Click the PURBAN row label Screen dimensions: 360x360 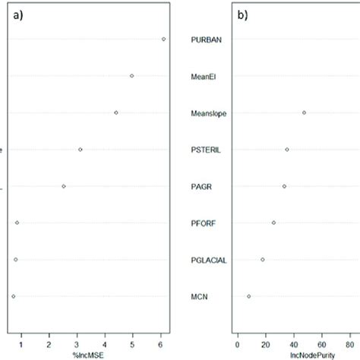click(x=207, y=39)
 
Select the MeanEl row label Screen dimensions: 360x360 click(x=205, y=76)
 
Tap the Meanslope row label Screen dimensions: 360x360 click(x=208, y=113)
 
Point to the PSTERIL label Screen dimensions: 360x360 click(x=207, y=150)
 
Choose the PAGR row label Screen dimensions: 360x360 click(x=203, y=186)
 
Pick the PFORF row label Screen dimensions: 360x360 click(x=204, y=223)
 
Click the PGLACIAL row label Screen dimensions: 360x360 click(x=208, y=260)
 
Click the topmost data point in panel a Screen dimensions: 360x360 click(x=163, y=39)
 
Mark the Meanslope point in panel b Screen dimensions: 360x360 click(x=304, y=112)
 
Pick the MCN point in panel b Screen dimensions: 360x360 click(x=248, y=296)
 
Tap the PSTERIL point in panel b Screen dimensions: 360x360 click(x=287, y=149)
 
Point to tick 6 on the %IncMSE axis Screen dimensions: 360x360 click(x=160, y=341)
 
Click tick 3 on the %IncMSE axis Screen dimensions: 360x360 click(x=77, y=341)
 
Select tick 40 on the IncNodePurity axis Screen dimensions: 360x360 click(x=293, y=341)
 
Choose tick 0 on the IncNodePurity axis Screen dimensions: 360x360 click(x=238, y=341)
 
